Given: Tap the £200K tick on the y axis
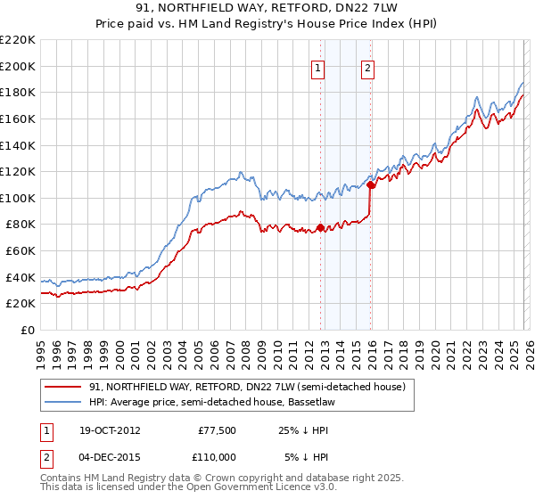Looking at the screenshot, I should pos(18,66).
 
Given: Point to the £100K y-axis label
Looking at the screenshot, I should pos(18,198).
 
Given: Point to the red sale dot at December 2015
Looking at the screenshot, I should pos(370,185).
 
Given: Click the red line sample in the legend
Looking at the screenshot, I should pos(63,387).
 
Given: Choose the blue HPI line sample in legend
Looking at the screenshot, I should pos(63,403).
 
